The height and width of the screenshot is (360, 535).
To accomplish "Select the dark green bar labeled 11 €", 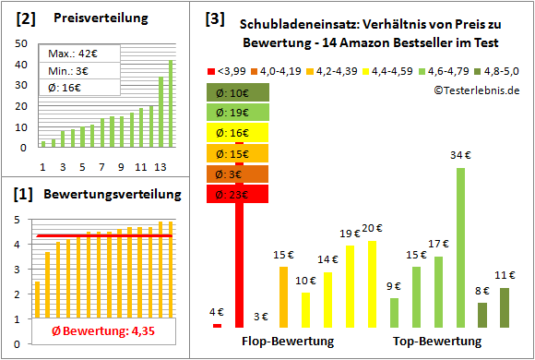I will click(505, 307).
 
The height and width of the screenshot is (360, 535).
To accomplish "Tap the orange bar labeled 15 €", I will click(283, 296).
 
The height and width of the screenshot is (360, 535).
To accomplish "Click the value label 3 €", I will click(260, 317).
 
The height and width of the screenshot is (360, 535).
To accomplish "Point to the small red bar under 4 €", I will click(217, 325).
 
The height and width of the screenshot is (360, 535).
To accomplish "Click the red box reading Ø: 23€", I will click(239, 195).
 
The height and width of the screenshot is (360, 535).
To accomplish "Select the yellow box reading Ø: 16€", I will click(239, 132).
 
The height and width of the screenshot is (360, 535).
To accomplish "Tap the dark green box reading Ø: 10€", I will click(239, 91).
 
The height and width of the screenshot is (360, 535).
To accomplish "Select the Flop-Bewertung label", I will click(288, 342).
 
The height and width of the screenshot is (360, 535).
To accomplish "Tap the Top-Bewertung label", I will click(437, 342).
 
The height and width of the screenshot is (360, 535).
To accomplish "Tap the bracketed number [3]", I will click(214, 18).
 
